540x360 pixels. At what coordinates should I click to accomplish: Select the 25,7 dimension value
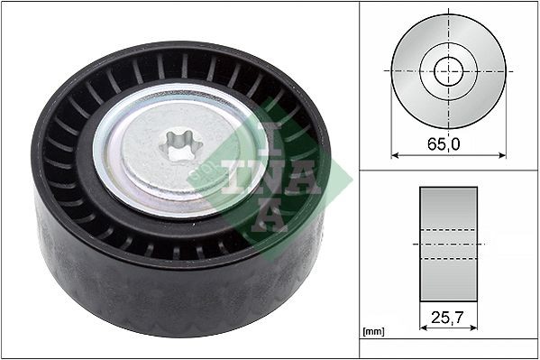click(x=449, y=318)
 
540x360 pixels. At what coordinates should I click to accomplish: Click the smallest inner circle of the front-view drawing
click(x=448, y=70)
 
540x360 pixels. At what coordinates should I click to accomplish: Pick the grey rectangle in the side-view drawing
click(x=449, y=208)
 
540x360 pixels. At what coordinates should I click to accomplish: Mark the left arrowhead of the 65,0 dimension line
click(x=395, y=154)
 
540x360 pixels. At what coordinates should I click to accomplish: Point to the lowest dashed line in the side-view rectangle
click(x=449, y=260)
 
